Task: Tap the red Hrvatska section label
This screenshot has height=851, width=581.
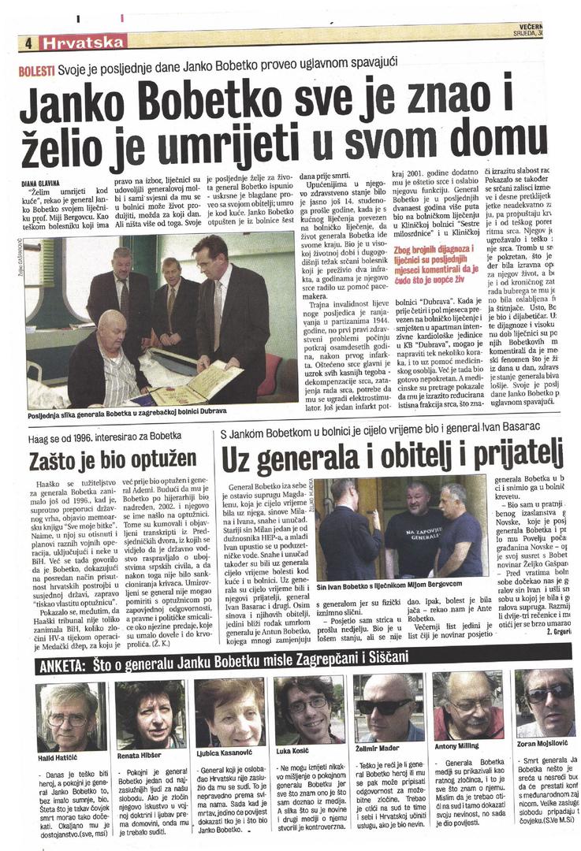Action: [84, 43]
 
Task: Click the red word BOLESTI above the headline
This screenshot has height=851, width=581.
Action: [36, 70]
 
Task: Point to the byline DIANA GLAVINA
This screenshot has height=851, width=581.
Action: [41, 183]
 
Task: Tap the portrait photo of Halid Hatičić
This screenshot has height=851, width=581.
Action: [68, 716]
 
